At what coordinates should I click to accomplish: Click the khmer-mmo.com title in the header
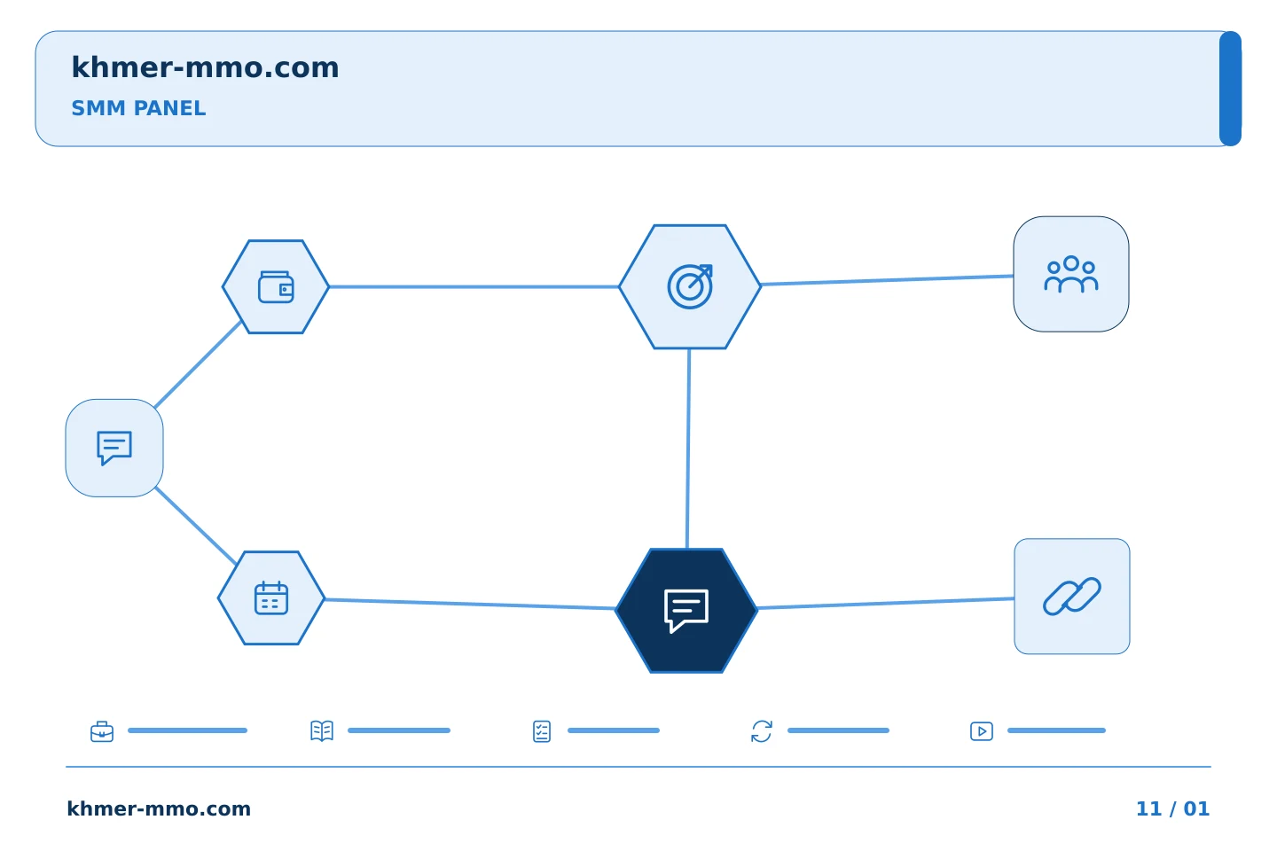[x=205, y=67]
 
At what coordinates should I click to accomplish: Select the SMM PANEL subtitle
[x=138, y=108]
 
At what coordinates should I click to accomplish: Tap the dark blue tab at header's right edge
[x=1230, y=89]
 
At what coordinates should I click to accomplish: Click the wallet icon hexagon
[x=275, y=286]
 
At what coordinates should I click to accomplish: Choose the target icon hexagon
[x=690, y=286]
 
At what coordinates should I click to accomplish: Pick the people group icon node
[x=1071, y=274]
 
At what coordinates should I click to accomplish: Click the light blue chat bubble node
[x=114, y=448]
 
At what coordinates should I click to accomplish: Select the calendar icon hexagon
[x=271, y=598]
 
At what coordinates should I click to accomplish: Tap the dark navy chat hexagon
[x=686, y=611]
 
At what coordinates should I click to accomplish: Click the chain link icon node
[x=1072, y=597]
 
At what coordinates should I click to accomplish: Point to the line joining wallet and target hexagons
[x=474, y=286]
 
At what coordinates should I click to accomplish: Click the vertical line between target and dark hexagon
[x=688, y=449]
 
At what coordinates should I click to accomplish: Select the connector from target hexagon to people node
[x=887, y=280]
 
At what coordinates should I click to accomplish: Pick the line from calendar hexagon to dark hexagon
[x=470, y=605]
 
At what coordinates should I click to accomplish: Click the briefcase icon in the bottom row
[x=102, y=731]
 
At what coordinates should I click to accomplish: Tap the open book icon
[x=322, y=730]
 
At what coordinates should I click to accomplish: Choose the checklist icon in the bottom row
[x=542, y=731]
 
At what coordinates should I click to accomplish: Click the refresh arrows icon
[x=762, y=731]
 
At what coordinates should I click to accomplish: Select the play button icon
[x=982, y=731]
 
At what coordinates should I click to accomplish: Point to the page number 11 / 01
[x=1172, y=808]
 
